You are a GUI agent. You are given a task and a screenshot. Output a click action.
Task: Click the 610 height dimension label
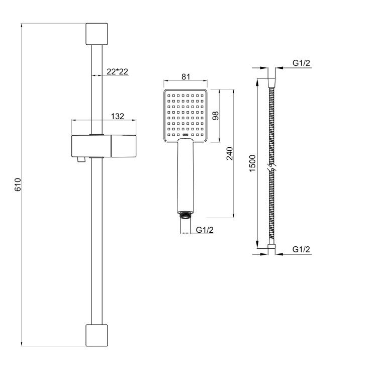18,184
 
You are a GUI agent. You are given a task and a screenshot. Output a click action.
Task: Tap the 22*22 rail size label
117,71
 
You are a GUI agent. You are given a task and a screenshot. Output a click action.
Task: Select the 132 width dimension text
118,116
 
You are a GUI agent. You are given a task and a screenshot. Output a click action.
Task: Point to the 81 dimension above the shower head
186,77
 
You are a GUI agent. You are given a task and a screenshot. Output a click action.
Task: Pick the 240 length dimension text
230,153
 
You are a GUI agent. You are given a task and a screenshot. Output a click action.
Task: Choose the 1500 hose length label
252,163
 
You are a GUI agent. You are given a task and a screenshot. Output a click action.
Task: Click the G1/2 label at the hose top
301,63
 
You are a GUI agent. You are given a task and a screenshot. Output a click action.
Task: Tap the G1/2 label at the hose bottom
301,249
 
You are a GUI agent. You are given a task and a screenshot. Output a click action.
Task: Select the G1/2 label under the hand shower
205,230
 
